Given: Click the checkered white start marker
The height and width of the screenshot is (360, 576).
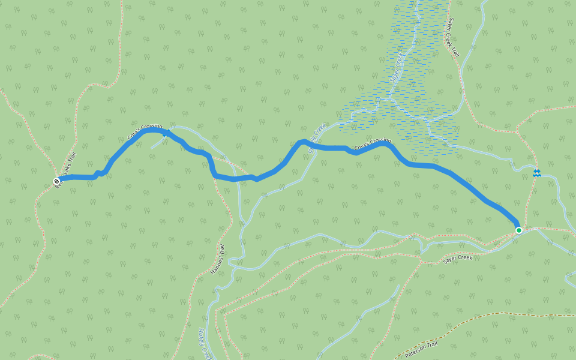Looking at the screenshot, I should click(x=56, y=181).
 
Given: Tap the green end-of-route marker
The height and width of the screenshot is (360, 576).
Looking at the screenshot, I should click(x=519, y=230).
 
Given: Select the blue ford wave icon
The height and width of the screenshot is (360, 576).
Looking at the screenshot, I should click(x=536, y=173).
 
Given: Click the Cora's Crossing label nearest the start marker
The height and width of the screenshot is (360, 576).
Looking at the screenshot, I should click(x=145, y=131).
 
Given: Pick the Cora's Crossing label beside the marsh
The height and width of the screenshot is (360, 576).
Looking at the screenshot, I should click(x=372, y=145).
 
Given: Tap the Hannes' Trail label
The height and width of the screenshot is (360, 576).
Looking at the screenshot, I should click(x=218, y=260).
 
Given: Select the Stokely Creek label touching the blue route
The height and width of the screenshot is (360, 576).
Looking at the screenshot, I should click(x=317, y=137).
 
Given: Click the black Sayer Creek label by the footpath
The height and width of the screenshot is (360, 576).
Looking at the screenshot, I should click(x=458, y=259).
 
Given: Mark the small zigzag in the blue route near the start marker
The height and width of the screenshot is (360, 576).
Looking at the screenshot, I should click(x=100, y=174).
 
